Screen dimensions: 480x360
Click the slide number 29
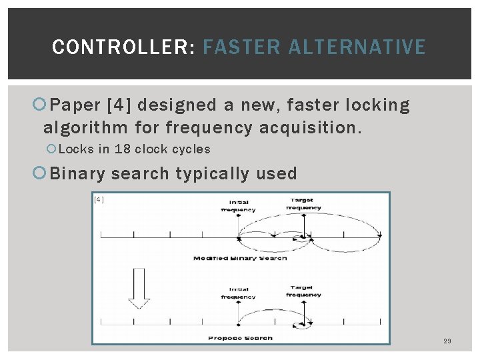(x=447, y=341)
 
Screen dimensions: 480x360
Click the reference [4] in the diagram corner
(x=99, y=199)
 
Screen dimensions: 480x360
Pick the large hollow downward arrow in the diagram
(x=139, y=288)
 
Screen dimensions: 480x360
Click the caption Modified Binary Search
(x=240, y=258)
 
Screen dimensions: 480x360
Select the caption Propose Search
(x=240, y=338)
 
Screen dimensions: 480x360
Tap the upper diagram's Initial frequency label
(x=238, y=206)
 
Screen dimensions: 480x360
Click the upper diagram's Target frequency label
(x=303, y=203)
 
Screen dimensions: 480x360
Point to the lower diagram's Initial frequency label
(x=238, y=293)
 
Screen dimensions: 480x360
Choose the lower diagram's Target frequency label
(x=303, y=291)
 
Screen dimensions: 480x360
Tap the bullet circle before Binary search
(x=39, y=173)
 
